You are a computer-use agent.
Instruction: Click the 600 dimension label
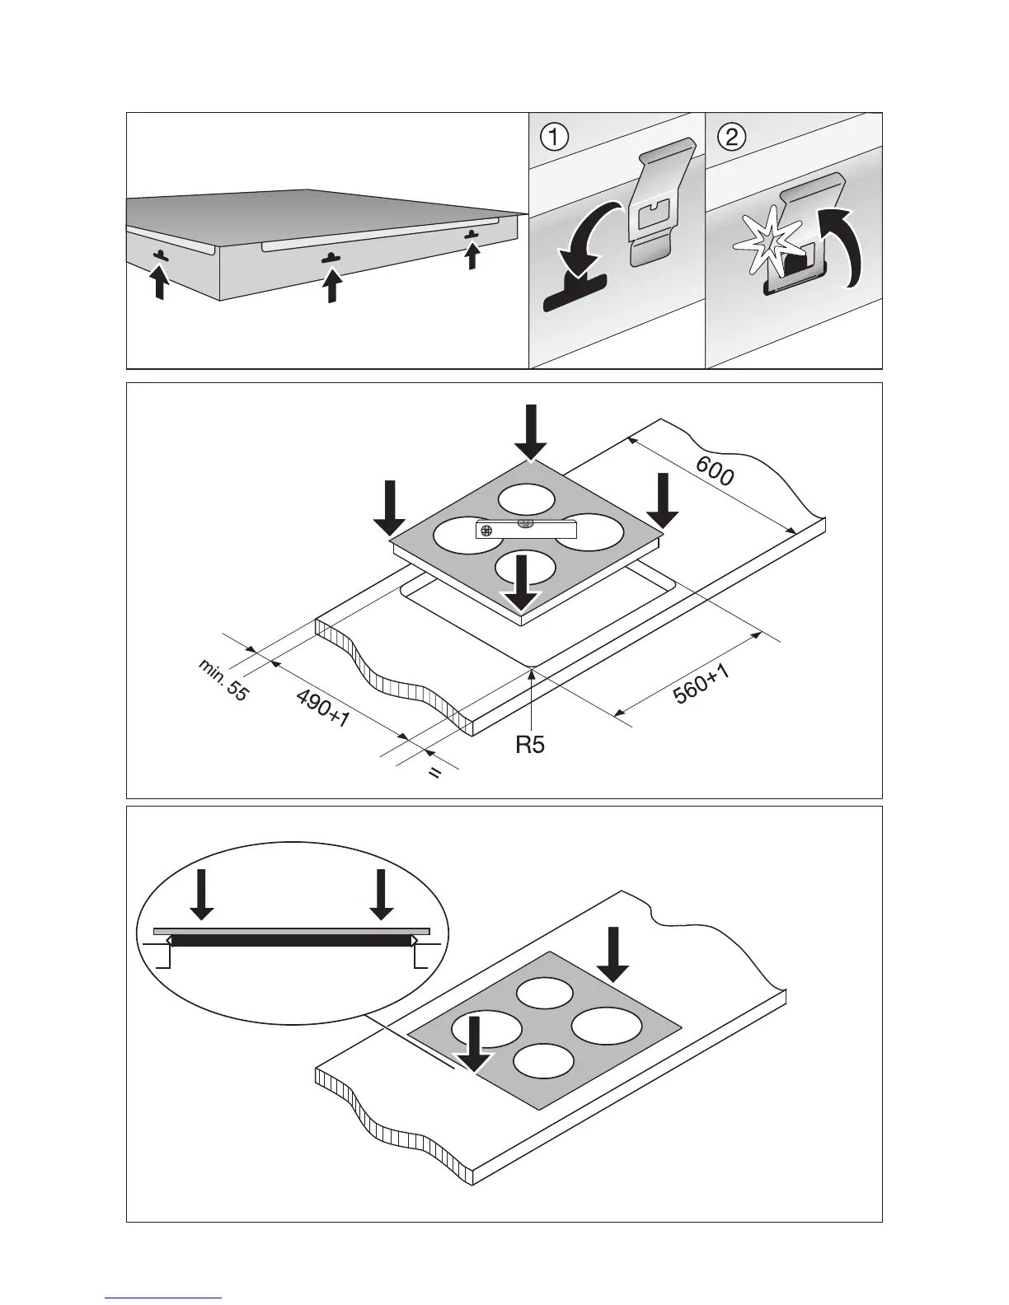[x=714, y=472]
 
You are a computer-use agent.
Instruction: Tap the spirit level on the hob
[x=523, y=530]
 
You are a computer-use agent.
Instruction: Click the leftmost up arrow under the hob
[x=161, y=283]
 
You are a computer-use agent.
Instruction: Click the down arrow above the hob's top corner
[x=530, y=432]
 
